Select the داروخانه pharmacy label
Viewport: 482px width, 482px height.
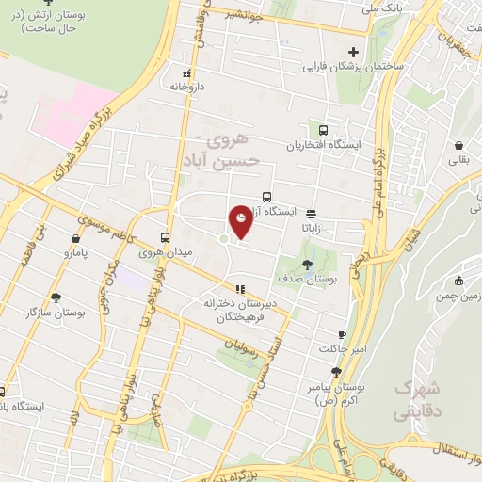186,86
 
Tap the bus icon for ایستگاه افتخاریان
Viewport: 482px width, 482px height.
324,131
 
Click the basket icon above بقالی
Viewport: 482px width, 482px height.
458,146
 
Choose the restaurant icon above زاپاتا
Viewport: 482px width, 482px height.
311,213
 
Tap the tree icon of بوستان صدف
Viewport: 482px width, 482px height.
307,263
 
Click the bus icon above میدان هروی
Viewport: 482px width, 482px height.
166,237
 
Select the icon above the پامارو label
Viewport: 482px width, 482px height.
74,238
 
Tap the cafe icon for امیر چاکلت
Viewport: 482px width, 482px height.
342,334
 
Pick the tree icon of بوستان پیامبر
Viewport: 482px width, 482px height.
337,373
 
